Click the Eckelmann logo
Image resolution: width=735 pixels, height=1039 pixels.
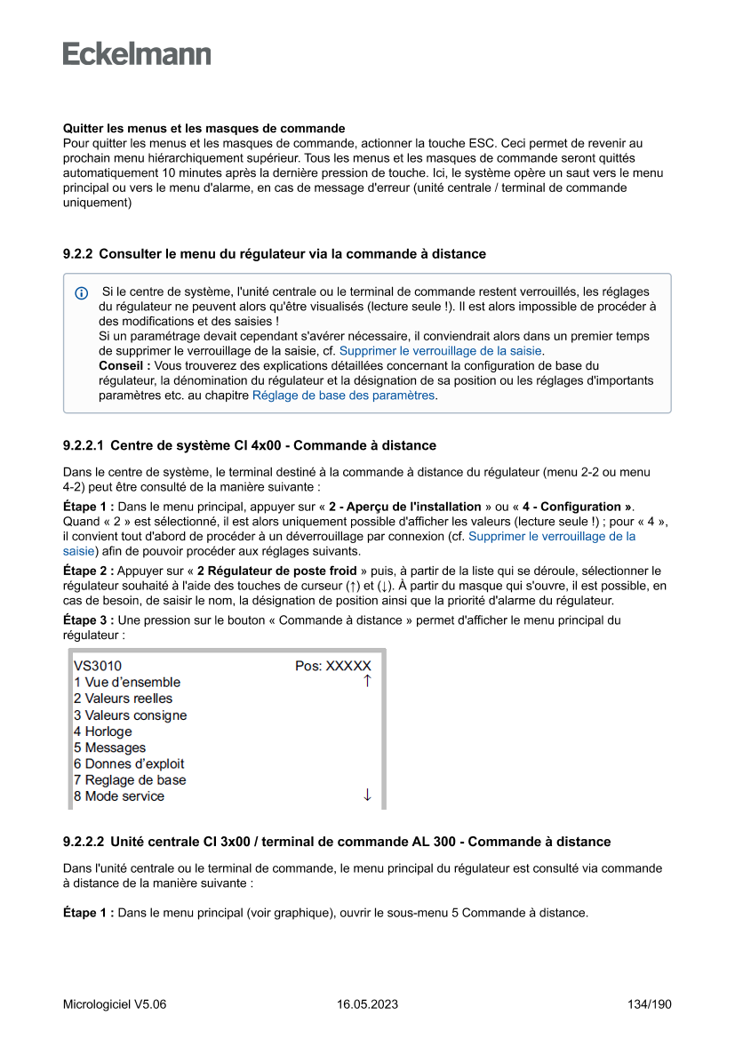click(x=137, y=54)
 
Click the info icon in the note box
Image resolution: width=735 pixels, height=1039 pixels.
click(x=82, y=292)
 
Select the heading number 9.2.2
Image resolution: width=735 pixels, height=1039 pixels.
click(x=77, y=254)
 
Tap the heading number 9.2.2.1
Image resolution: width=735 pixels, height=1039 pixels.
click(x=84, y=445)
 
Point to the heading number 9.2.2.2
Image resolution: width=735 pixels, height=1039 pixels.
click(x=84, y=842)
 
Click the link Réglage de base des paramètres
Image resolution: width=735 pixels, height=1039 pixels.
click(x=344, y=396)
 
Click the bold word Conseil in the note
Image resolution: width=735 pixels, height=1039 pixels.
click(x=124, y=366)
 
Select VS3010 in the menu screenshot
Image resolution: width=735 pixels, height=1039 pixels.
click(x=98, y=666)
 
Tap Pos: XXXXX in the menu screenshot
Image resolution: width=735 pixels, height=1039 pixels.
click(x=333, y=666)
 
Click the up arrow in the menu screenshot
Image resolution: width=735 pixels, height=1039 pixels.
click(x=367, y=682)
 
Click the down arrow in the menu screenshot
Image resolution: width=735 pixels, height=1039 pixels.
click(x=367, y=795)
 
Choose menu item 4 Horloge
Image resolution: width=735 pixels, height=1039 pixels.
click(x=103, y=731)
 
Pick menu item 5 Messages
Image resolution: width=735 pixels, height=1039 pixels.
click(x=109, y=747)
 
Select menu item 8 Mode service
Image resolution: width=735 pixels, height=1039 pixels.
click(x=119, y=796)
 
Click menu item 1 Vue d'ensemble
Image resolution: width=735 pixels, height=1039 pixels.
click(x=127, y=683)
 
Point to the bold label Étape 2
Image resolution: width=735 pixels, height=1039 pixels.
click(x=89, y=571)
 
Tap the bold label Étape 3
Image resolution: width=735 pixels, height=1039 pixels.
click(x=89, y=620)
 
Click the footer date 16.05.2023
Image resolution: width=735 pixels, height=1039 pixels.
click(x=367, y=1005)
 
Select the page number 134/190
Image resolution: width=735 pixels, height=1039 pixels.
click(x=649, y=1005)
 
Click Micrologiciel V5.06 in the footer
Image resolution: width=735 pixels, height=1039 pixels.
click(x=115, y=1005)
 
